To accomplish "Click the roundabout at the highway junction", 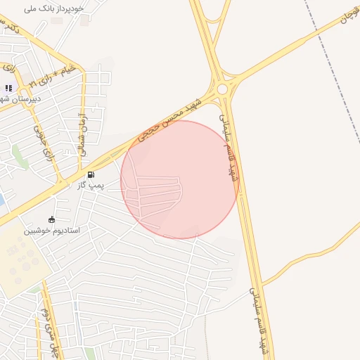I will pos(223,89).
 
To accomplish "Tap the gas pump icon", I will pos(91,174).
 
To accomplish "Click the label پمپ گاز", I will pos(91,185).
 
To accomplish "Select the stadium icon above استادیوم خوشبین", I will pos(51,220).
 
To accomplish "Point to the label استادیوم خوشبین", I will pos(52,231).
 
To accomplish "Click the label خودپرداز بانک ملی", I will pos(54,8).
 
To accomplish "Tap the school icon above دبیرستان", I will pos(8,89).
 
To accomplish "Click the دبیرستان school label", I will pos(21,99).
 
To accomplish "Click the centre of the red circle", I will pos(179,179).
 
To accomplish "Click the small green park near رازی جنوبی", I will pos(20,156).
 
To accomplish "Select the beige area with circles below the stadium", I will pos(21,260).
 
